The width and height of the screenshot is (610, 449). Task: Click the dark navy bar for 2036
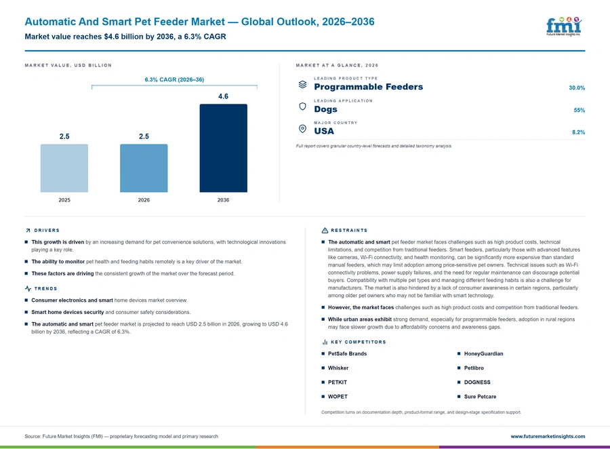tap(223, 148)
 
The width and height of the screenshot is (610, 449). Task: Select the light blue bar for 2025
tap(64, 168)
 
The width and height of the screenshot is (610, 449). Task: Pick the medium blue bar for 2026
tap(144, 168)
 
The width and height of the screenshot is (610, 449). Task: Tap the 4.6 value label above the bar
tap(223, 96)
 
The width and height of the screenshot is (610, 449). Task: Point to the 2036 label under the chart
tap(223, 200)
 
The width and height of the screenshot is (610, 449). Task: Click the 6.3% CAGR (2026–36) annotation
tap(174, 79)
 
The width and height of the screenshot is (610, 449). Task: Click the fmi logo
tap(564, 26)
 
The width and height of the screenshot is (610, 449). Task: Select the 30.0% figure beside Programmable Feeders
tap(577, 87)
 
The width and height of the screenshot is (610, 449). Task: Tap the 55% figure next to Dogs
tap(579, 110)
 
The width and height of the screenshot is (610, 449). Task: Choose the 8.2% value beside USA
tap(578, 132)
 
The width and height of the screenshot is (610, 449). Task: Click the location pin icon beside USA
tap(302, 129)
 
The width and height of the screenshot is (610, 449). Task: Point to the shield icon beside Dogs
tap(302, 106)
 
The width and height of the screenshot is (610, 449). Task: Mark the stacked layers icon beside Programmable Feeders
tap(302, 84)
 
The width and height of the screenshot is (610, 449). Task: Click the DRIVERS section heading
tap(47, 230)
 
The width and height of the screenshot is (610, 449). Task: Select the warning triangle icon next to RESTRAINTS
tap(325, 230)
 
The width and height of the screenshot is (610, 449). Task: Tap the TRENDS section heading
tap(45, 288)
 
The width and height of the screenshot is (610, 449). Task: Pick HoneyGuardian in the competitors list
tap(483, 353)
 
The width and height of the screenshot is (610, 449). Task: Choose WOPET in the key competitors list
tap(338, 396)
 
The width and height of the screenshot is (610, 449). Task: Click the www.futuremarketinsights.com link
tap(548, 436)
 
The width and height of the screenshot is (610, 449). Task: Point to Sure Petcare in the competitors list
tap(480, 396)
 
